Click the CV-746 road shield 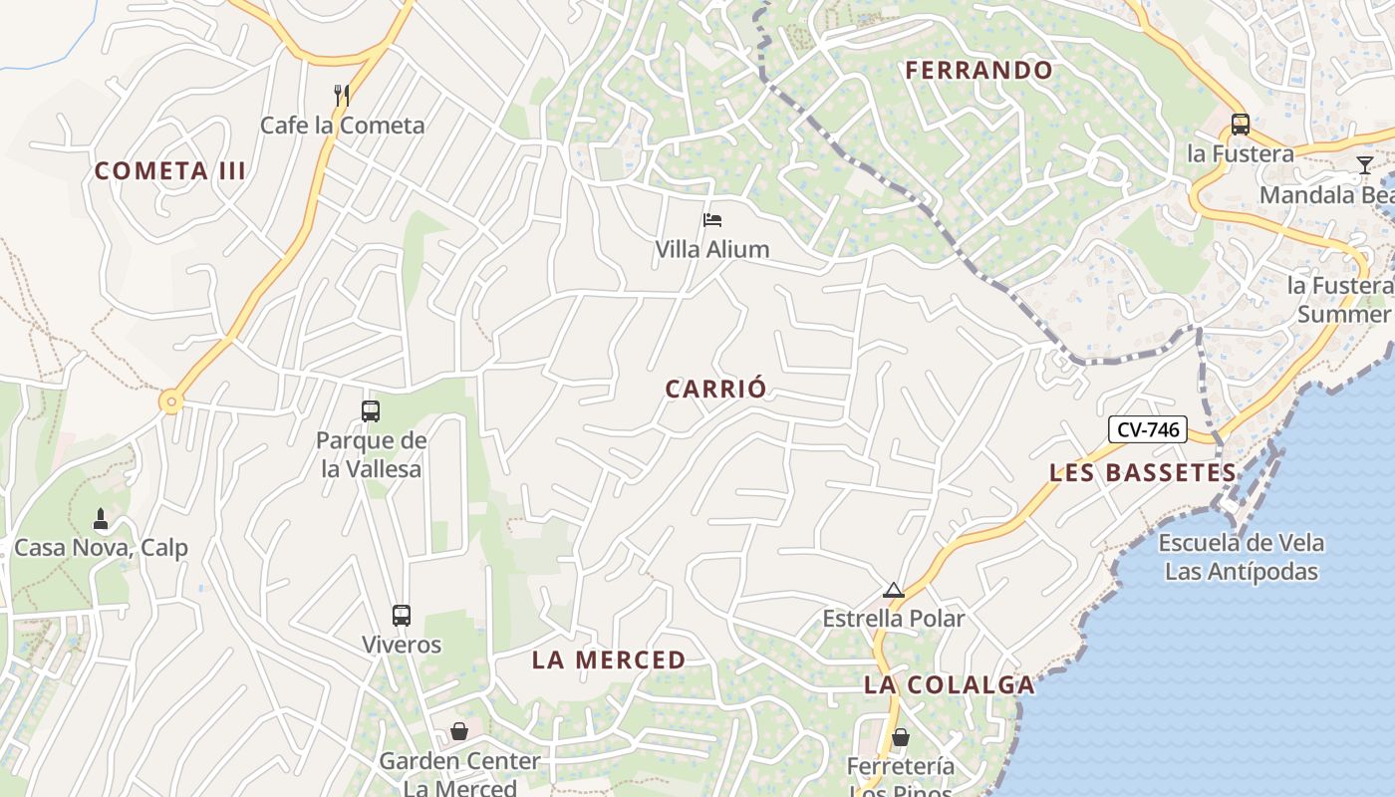pos(1148,430)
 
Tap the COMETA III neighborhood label pos(169,170)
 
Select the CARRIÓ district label pos(715,389)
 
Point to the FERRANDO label pos(978,70)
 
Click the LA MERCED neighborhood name pos(609,660)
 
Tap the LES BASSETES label pos(1143,472)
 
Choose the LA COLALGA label pos(950,684)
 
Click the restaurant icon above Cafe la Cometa pos(342,95)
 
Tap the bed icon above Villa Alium pos(711,220)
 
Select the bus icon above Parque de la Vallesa pos(371,410)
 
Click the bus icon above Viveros pos(402,615)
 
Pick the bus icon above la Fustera pos(1240,125)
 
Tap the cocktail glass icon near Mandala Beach pos(1364,164)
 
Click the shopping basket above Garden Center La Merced pos(459,732)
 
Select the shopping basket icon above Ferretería pos(900,737)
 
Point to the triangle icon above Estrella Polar pos(893,590)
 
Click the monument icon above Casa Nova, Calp pos(100,519)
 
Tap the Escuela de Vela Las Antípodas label pos(1241,557)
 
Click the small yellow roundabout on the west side pos(171,402)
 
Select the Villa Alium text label pos(711,249)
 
